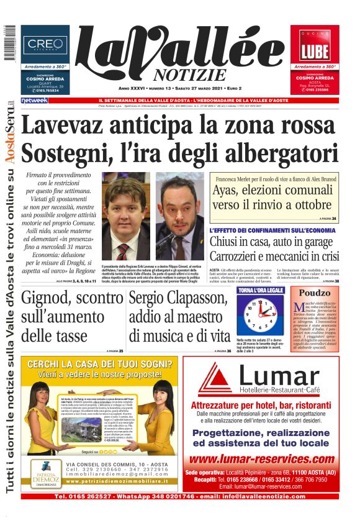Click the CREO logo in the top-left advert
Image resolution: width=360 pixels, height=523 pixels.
[x=45, y=45]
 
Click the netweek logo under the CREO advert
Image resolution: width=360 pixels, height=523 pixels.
[x=34, y=100]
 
